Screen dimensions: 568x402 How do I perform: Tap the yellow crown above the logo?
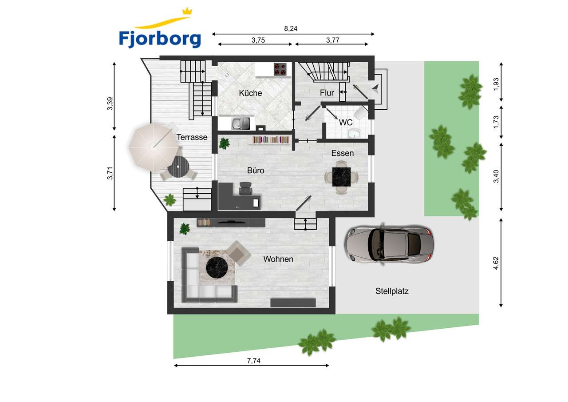coord(187,11)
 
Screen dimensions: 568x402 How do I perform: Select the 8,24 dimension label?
coord(291,29)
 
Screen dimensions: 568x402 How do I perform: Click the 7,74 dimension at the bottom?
coord(253,361)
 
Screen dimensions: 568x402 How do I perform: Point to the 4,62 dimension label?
coord(496,263)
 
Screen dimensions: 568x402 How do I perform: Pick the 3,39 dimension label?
coord(110,104)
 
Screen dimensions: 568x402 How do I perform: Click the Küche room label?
coord(250,93)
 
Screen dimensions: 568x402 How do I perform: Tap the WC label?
coord(346,123)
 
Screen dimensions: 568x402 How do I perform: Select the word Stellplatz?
coord(392,291)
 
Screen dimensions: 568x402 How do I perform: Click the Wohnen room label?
coord(278,259)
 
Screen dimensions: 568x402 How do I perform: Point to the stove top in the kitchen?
coord(280,69)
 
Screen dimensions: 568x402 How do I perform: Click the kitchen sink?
coord(241,123)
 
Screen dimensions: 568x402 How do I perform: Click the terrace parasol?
coord(154,147)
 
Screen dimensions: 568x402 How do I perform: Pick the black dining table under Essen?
coord(342,177)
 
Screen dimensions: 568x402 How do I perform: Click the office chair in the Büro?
coord(245,189)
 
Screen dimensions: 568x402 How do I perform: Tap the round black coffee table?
coord(217,267)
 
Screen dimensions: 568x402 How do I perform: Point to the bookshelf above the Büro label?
coord(271,140)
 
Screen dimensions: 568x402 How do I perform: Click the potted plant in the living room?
coord(185,229)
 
